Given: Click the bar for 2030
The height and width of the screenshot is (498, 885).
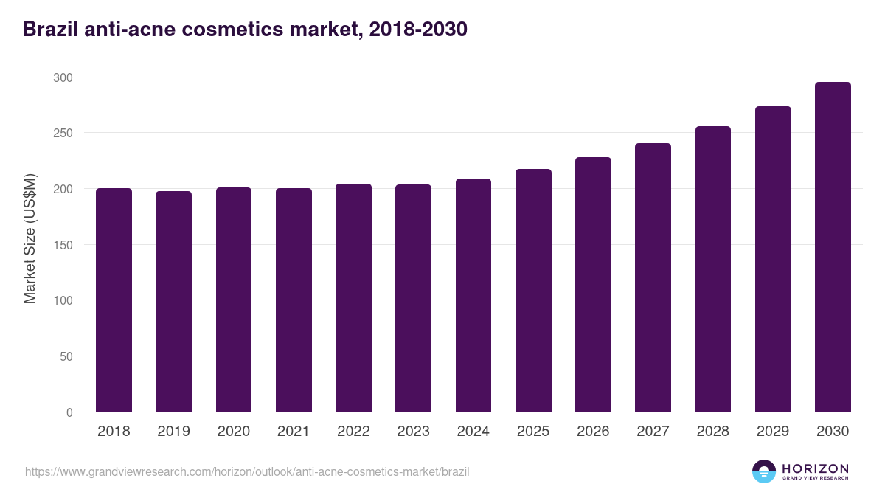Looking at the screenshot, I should pyautogui.click(x=833, y=247).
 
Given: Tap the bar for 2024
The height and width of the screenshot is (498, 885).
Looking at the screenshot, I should pyautogui.click(x=473, y=295).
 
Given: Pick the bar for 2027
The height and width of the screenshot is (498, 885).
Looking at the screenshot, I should pyautogui.click(x=653, y=277).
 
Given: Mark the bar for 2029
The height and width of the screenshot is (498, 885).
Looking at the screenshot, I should pyautogui.click(x=773, y=259).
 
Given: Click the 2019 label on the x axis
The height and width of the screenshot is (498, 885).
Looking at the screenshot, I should pyautogui.click(x=173, y=432).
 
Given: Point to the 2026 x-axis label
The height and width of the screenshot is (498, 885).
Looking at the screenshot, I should pyautogui.click(x=593, y=432).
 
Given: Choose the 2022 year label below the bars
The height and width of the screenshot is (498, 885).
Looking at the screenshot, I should pyautogui.click(x=353, y=432).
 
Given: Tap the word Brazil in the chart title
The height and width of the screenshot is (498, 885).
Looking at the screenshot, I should pyautogui.click(x=49, y=30).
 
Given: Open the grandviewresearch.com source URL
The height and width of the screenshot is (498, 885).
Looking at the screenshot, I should pyautogui.click(x=247, y=471).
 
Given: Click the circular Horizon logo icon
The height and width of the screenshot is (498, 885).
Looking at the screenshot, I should pyautogui.click(x=763, y=471).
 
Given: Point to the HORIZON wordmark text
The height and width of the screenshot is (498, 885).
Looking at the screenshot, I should pyautogui.click(x=815, y=468).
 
